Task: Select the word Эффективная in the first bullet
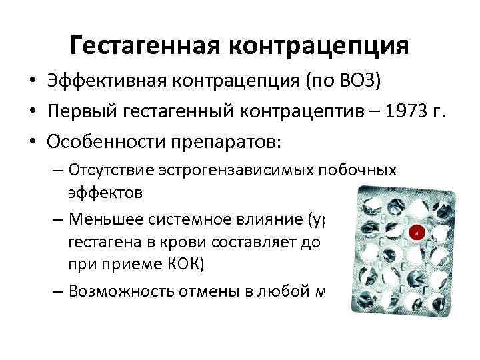tap(106, 81)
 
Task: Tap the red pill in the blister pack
tap(417, 233)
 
